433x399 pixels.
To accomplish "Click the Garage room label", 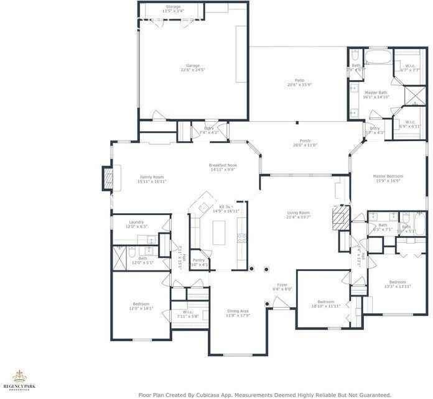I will [193, 65].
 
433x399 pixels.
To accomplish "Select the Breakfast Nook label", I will [223, 165].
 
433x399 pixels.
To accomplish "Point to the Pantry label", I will [198, 260].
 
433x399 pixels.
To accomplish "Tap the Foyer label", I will [281, 285].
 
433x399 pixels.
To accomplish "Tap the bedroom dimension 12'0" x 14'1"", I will [141, 308].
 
